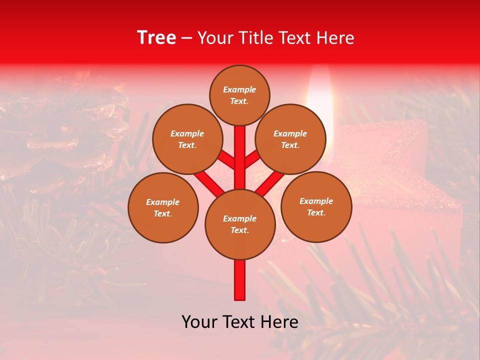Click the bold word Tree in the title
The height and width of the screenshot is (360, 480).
tap(156, 37)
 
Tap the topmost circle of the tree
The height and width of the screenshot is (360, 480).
tap(239, 95)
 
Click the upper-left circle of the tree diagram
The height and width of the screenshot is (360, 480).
tap(187, 139)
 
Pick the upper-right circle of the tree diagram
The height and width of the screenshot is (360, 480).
tap(290, 139)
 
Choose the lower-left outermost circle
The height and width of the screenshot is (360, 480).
tap(163, 207)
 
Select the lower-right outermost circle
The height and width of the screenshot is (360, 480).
tap(316, 206)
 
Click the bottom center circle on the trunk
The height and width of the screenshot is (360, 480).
tap(240, 224)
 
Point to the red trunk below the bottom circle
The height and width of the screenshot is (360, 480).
tap(240, 280)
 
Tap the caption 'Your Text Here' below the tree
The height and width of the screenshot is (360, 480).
tap(240, 322)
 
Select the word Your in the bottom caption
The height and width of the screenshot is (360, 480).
tap(199, 322)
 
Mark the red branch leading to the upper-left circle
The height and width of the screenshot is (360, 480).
tap(226, 159)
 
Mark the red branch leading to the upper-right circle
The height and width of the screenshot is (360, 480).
tap(252, 159)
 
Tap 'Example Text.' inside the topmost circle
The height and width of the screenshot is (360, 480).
tap(239, 95)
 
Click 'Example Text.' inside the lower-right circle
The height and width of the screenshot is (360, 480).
tap(316, 206)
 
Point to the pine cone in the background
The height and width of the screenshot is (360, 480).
tap(65, 135)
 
